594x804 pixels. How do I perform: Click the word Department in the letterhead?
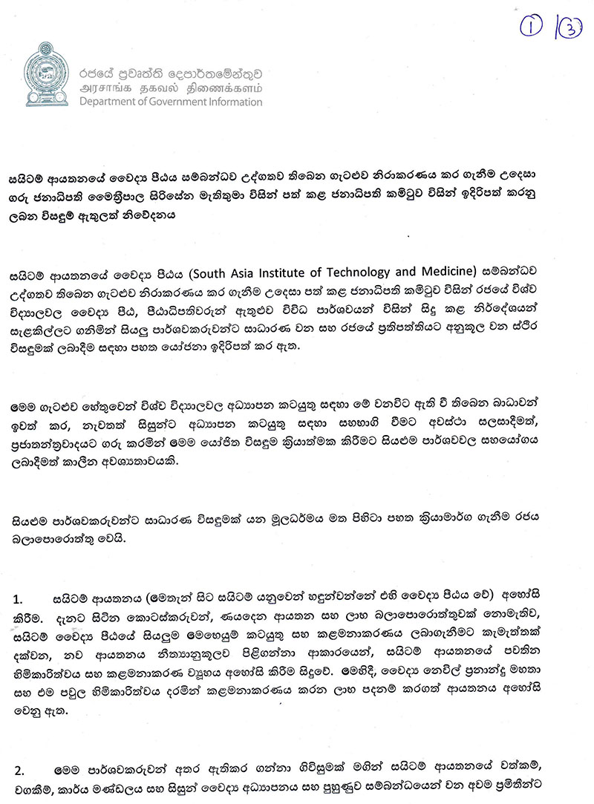pos(108,102)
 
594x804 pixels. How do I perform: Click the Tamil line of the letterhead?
pos(170,88)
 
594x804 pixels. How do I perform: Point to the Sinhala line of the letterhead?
pos(170,73)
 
